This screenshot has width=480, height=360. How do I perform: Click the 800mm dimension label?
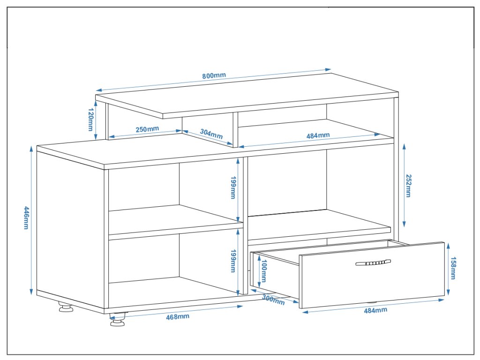tap(214, 76)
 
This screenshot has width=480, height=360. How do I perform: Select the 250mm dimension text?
tap(147, 129)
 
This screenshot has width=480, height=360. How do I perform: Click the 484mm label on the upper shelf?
tap(318, 135)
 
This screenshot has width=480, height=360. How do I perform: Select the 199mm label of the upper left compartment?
tap(232, 187)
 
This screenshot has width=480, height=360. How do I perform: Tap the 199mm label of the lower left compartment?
tap(232, 261)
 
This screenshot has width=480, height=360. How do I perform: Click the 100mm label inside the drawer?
tap(263, 271)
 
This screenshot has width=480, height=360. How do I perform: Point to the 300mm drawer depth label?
tap(273, 299)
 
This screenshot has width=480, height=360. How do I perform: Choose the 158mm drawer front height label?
tap(453, 268)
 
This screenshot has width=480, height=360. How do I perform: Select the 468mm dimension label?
tap(178, 317)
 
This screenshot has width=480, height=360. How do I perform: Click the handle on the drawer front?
tap(373, 263)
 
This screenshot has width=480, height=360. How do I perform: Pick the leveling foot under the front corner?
tap(119, 320)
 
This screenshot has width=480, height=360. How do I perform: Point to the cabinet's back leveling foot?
tap(65, 308)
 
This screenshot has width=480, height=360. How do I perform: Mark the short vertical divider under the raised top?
tap(235, 129)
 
